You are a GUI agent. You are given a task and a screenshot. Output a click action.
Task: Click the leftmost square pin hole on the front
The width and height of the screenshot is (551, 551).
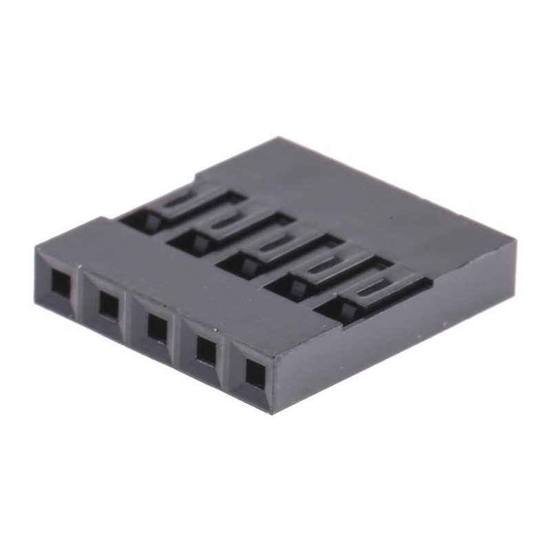pyautogui.click(x=61, y=282)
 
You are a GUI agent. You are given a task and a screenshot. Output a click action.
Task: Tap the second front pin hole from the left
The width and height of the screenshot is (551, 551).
pyautogui.click(x=108, y=304)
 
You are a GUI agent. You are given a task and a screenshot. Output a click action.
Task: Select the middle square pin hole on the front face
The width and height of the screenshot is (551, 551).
pyautogui.click(x=157, y=327)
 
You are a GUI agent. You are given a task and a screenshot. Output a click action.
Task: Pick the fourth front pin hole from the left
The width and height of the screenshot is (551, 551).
pyautogui.click(x=206, y=350)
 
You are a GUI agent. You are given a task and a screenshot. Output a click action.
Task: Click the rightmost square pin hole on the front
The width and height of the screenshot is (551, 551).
pyautogui.click(x=256, y=373)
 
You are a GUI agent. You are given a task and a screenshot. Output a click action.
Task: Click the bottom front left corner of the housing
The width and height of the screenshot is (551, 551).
pyautogui.click(x=36, y=302)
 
